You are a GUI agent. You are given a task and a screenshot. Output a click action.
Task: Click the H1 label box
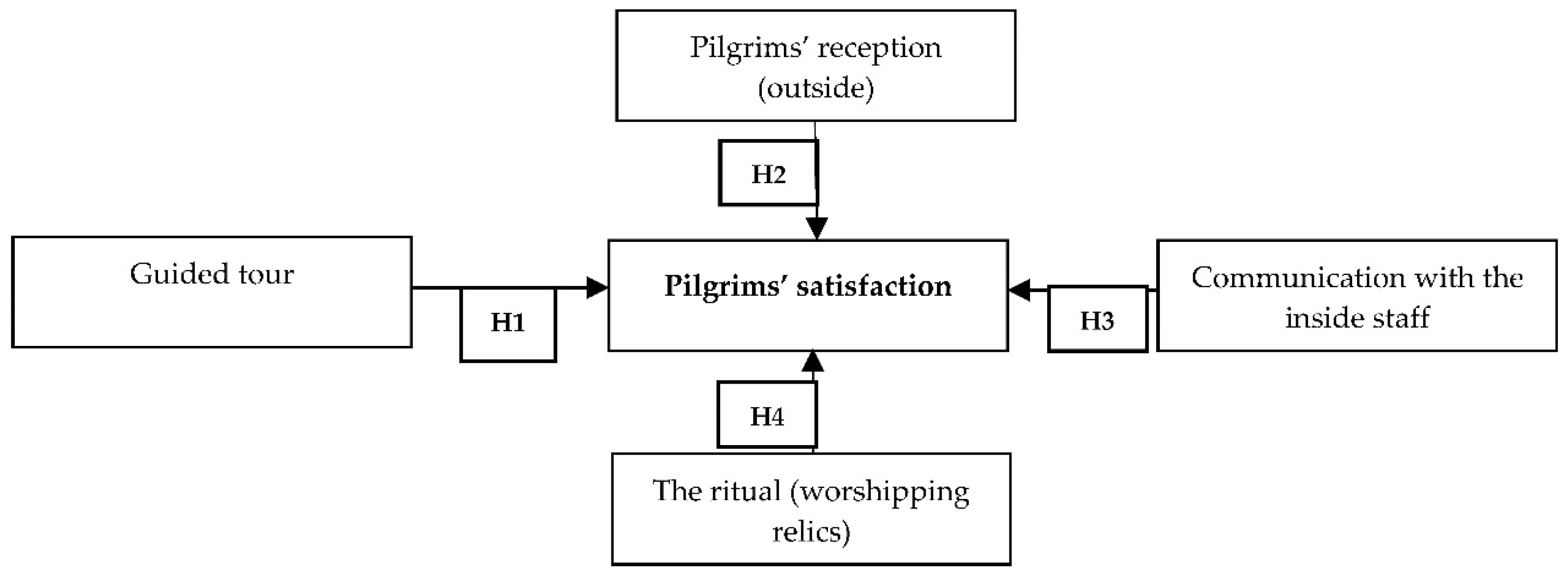click(508, 324)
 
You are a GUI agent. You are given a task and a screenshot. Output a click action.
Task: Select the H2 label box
click(768, 174)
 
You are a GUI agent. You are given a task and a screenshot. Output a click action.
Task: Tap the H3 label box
click(1097, 319)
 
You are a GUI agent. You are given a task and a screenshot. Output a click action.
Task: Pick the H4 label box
click(767, 415)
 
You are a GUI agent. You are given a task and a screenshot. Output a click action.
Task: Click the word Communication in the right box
click(1298, 278)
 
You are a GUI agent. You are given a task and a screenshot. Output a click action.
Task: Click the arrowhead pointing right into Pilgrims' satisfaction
click(597, 288)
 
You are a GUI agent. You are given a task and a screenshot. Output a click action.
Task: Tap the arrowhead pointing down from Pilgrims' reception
click(817, 228)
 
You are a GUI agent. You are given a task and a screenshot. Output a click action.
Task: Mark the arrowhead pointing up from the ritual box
click(813, 362)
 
